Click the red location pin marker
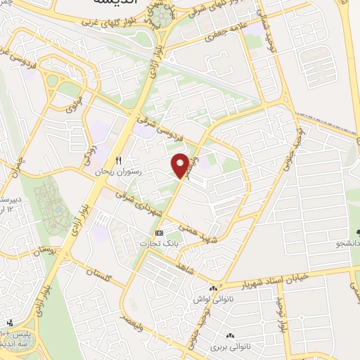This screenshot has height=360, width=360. click(x=181, y=165)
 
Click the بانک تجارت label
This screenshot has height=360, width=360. click(x=157, y=243)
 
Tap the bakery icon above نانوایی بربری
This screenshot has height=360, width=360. click(x=229, y=335)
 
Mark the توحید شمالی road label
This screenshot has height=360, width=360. click(x=269, y=32)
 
